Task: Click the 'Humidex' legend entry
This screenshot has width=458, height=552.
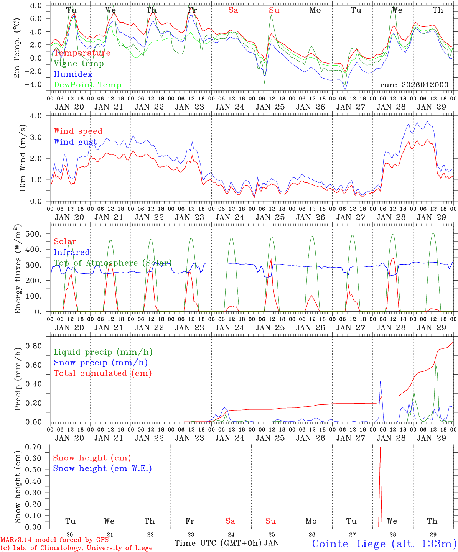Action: pyautogui.click(x=73, y=74)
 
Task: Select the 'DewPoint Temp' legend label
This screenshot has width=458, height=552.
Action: pyautogui.click(x=87, y=85)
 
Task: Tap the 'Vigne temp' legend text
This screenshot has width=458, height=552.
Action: pyautogui.click(x=79, y=64)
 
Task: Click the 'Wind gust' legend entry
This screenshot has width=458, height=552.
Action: pyautogui.click(x=75, y=142)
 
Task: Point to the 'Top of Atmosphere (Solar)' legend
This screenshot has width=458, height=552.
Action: pyautogui.click(x=113, y=263)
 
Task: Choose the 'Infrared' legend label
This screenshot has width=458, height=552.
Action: pyautogui.click(x=72, y=252)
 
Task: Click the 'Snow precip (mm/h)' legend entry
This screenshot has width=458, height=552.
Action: pyautogui.click(x=100, y=363)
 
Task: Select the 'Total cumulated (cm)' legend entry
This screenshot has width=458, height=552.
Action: pyautogui.click(x=102, y=373)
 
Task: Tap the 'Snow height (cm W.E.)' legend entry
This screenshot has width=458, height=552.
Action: pyautogui.click(x=102, y=468)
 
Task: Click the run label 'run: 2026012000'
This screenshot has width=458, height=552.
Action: pyautogui.click(x=414, y=85)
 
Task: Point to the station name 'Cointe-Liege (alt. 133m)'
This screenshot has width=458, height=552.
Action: pyautogui.click(x=384, y=544)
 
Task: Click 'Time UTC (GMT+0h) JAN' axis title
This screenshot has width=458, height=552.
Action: pyautogui.click(x=227, y=543)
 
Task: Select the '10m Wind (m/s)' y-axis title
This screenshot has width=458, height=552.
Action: pyautogui.click(x=23, y=158)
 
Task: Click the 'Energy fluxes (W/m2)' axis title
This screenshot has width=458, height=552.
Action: pyautogui.click(x=18, y=269)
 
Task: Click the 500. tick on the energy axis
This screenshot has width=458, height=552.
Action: pyautogui.click(x=36, y=234)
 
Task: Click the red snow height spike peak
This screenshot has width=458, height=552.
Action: pyautogui.click(x=380, y=447)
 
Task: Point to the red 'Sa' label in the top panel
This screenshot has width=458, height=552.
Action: pyautogui.click(x=233, y=10)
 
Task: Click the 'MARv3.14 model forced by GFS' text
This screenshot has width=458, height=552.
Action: pyautogui.click(x=54, y=540)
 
